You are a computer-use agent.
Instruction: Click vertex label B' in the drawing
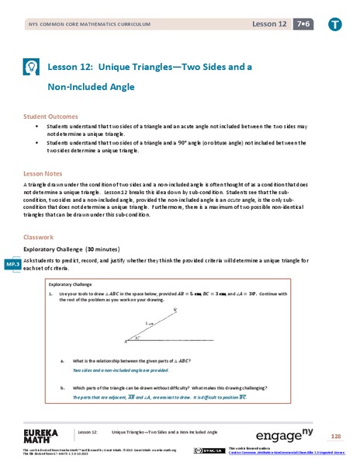[x=175, y=310]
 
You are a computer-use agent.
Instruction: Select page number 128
[x=336, y=436]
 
